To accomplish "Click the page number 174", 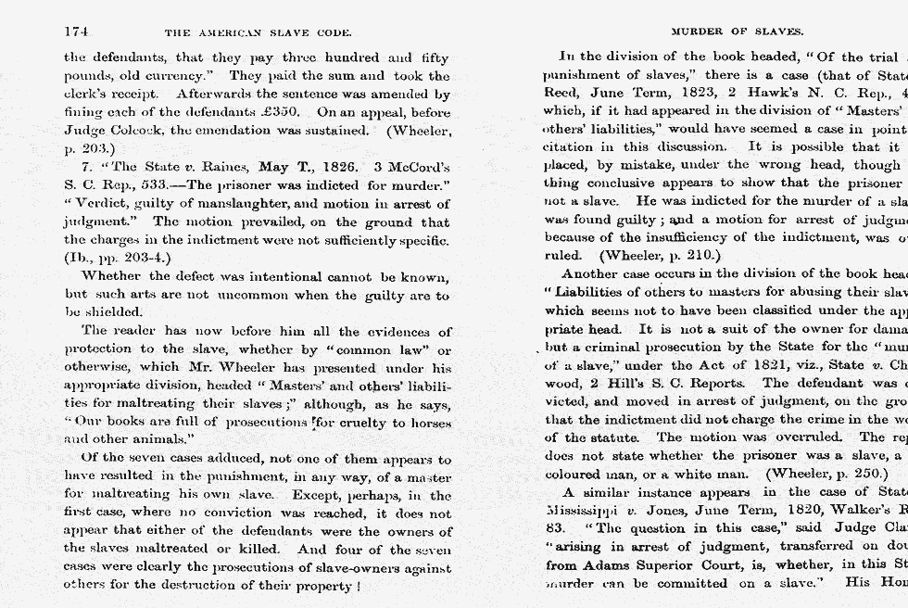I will tap(76, 32).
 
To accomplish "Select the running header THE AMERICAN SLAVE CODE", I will tap(258, 32).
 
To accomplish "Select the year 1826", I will tap(331, 168).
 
